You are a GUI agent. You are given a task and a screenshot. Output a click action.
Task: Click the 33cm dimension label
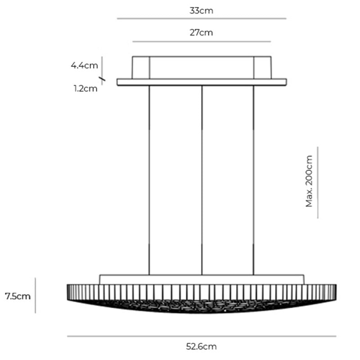coord(201,11)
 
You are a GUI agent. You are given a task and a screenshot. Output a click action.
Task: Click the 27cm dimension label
coord(201,33)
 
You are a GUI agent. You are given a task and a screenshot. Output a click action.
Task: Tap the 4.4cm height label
coord(84,66)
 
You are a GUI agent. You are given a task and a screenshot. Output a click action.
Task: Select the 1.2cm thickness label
coord(85,89)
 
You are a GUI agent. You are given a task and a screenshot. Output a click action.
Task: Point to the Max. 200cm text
coord(309,181)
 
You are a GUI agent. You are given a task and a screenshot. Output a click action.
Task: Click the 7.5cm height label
coord(18,296)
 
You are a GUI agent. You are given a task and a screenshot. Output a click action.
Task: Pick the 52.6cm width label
coord(201,346)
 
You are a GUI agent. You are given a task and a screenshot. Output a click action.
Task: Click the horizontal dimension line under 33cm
coord(201,18)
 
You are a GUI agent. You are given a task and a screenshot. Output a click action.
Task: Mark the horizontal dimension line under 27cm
coord(201,41)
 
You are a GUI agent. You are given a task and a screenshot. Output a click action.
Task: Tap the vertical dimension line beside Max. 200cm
coord(318,182)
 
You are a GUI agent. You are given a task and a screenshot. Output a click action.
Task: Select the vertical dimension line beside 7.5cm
coord(36,295)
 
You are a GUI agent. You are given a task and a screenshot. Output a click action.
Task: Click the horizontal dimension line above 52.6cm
coord(201,336)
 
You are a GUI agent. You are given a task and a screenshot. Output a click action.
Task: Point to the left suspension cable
coord(149,180)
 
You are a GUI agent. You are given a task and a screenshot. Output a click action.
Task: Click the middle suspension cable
coord(202,180)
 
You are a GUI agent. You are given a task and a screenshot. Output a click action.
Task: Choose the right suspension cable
coord(254,180)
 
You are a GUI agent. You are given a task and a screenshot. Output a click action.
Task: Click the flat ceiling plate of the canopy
coord(201,82)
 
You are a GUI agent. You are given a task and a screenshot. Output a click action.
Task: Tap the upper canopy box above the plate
coord(201,67)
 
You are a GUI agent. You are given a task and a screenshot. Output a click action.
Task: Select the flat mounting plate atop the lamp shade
coord(201,279)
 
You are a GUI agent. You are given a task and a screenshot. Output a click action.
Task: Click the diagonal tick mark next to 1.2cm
coord(103,80)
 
